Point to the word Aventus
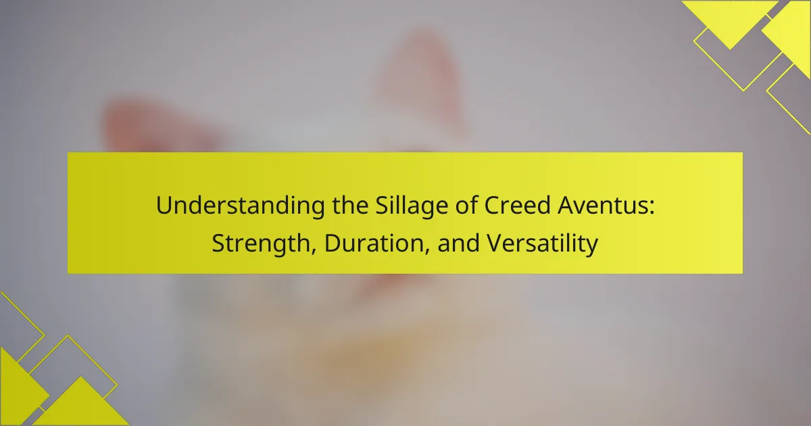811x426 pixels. coord(602,206)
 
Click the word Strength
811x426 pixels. coord(261,243)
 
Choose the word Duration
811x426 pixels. coord(374,243)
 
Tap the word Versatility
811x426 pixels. coord(542,243)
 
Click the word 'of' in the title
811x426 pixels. coord(466,205)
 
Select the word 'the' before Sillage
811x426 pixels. coord(350,205)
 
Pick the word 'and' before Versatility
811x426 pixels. coord(459,243)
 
